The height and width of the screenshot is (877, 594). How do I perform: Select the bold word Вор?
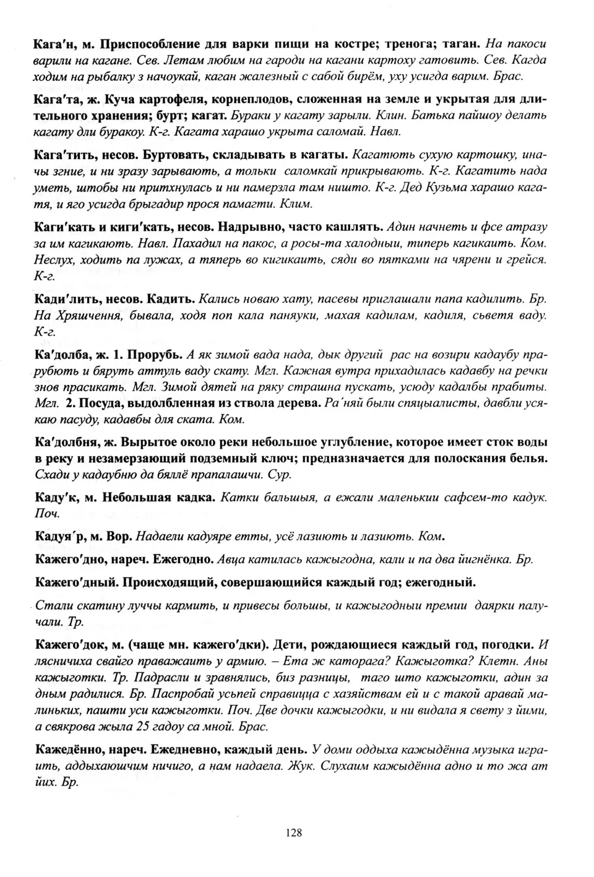119,536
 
